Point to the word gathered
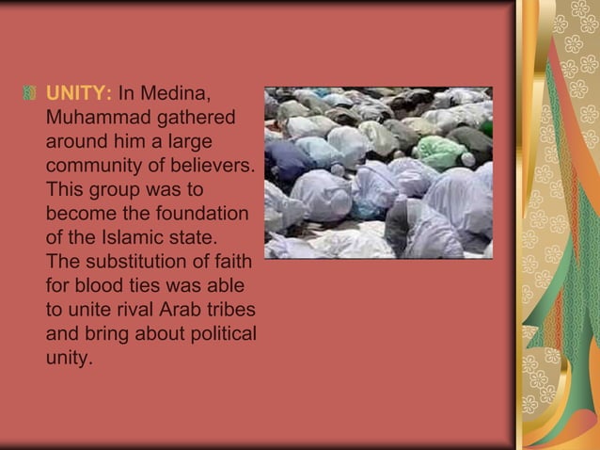click(x=197, y=119)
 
